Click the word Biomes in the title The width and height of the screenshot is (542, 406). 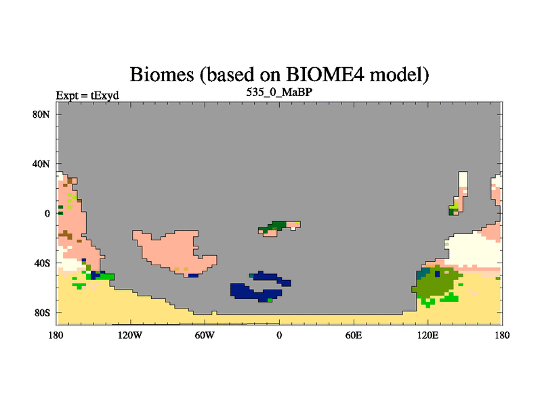click(162, 74)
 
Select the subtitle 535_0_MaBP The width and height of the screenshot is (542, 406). click(279, 92)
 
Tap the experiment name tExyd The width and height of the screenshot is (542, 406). click(105, 95)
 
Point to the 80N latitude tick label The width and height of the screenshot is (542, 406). click(41, 114)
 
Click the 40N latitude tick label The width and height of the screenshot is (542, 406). click(41, 164)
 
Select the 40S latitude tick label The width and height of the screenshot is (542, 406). click(42, 263)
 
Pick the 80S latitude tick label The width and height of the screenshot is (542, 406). click(42, 313)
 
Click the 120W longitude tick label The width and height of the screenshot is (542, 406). click(130, 335)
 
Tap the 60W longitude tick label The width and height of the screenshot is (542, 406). click(205, 335)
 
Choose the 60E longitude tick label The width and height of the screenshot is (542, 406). click(354, 335)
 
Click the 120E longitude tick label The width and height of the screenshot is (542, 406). click(428, 335)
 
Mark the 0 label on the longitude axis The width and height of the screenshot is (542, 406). click(279, 335)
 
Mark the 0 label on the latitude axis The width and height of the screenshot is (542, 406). click(47, 214)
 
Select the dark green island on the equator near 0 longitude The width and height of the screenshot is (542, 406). click(276, 227)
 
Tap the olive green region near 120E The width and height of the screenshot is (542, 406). click(436, 281)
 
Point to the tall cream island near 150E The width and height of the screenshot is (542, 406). click(463, 179)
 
